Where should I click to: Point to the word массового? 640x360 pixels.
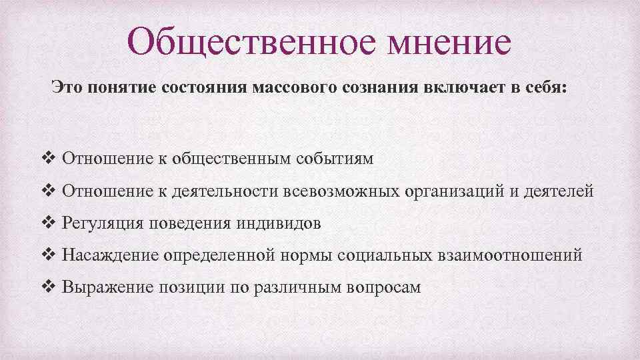pyautogui.click(x=289, y=89)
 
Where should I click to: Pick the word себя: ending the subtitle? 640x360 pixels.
pyautogui.click(x=543, y=89)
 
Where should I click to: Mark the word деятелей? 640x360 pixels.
pyautogui.click(x=559, y=191)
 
